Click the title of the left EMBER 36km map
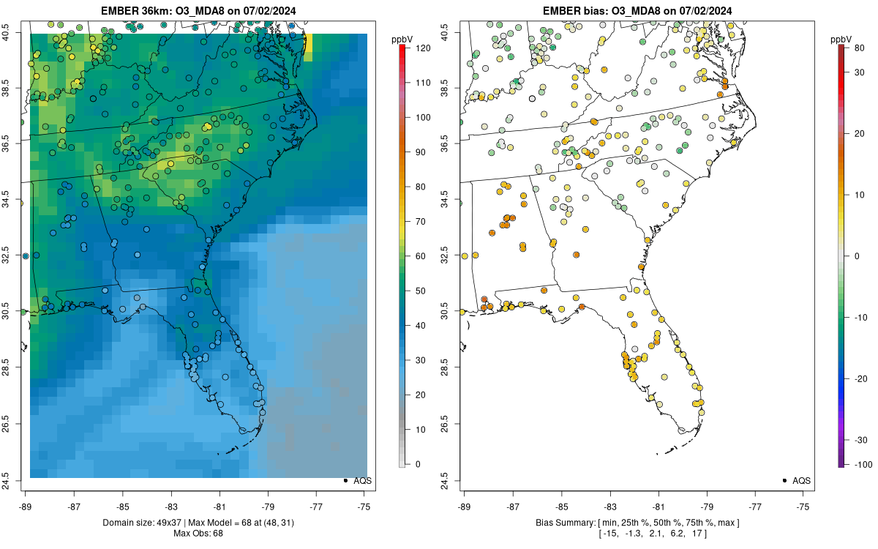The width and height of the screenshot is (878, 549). click(x=198, y=10)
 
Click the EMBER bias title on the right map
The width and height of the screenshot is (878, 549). click(x=637, y=10)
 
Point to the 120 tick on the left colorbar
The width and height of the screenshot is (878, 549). click(x=424, y=48)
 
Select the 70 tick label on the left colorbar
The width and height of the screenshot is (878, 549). click(x=421, y=222)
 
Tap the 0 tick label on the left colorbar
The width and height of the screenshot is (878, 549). click(x=418, y=464)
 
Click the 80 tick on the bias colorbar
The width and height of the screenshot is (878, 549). click(x=859, y=48)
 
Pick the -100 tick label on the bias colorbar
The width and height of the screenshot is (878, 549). click(x=863, y=465)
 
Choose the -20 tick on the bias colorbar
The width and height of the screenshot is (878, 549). click(x=861, y=379)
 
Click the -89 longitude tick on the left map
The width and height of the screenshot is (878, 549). click(x=26, y=507)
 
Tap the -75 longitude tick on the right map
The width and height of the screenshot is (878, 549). click(x=803, y=507)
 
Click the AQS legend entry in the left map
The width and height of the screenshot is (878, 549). click(x=358, y=481)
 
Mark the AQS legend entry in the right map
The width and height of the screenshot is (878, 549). click(x=797, y=481)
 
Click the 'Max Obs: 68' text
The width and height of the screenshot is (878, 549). click(x=198, y=534)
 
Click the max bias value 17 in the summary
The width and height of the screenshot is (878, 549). click(x=697, y=534)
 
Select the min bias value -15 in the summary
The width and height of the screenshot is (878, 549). click(x=609, y=534)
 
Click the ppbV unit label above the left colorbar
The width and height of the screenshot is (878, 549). click(x=402, y=40)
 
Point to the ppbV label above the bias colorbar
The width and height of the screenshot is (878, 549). click(x=841, y=40)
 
